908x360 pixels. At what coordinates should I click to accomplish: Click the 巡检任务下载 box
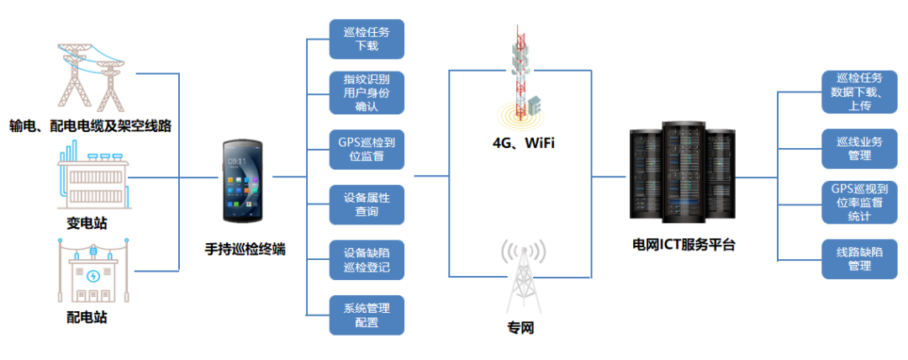coord(367,39)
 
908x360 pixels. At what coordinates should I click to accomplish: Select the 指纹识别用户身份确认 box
coord(367,93)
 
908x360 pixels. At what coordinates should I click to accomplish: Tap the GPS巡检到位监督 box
coord(367,150)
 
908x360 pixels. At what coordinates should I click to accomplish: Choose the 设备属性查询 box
coord(367,204)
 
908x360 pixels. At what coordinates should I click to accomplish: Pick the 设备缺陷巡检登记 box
coord(367,260)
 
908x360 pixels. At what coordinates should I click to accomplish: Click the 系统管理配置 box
coord(367,315)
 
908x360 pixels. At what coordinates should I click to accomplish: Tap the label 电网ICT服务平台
coord(684,246)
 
